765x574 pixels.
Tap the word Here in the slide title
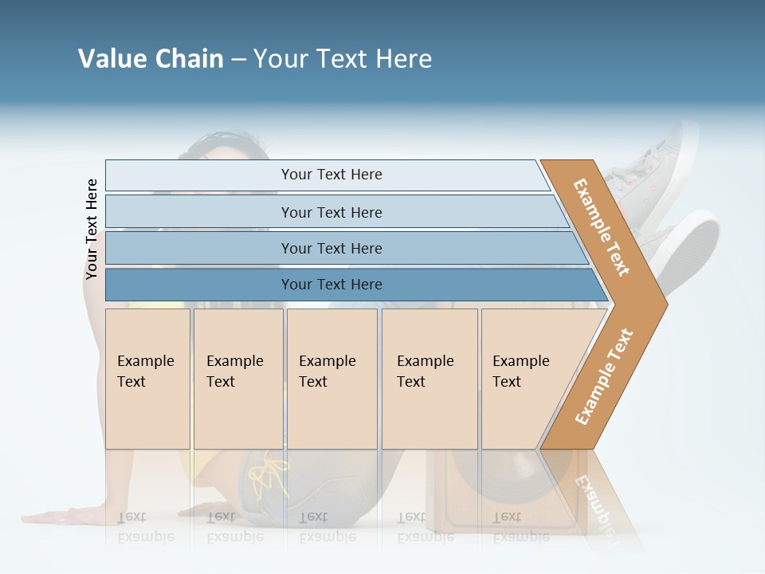coord(403,59)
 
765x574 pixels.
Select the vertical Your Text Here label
coord(92,230)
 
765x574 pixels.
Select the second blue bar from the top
coord(331,212)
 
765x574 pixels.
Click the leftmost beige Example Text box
coord(147,378)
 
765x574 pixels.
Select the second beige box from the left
coord(238,378)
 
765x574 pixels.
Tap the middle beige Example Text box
coord(331,378)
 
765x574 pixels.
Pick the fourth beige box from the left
coord(430,378)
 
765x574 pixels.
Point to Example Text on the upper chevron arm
coord(602,226)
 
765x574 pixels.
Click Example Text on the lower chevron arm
coord(604,377)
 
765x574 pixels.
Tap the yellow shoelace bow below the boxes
coord(269,474)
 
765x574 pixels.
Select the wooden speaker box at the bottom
coord(462,494)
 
